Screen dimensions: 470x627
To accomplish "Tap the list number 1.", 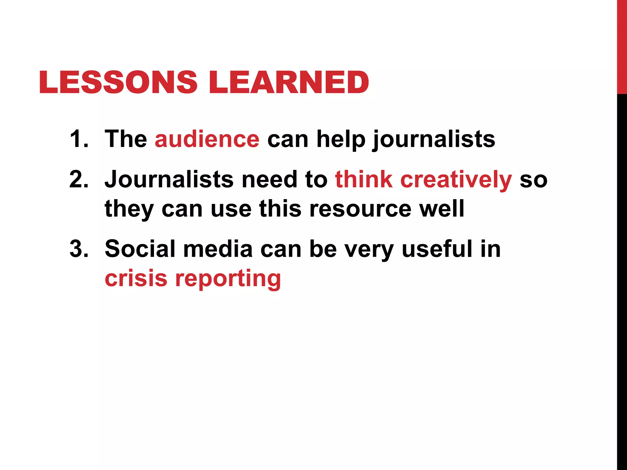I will coord(79,139).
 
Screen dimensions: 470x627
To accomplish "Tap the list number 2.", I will coord(79,179).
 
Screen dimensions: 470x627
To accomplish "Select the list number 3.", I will coord(79,248).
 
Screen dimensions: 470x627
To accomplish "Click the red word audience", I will coord(207,140).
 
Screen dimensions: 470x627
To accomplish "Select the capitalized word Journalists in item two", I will coord(169,179).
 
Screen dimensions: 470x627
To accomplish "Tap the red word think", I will coord(364,179).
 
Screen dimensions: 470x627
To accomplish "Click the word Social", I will coord(140,248).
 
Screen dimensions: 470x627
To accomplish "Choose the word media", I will coord(218,248).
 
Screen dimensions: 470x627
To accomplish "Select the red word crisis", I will coord(136,278).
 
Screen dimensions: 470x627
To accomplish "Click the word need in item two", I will coord(269,179).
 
